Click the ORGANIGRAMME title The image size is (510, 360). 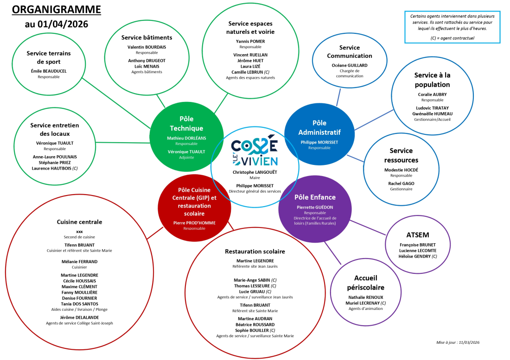[56, 9]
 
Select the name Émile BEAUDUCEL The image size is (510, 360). [49, 71]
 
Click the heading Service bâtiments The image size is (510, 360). [147, 37]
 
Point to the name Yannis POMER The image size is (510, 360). [250, 41]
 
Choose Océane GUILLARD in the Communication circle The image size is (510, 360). [350, 65]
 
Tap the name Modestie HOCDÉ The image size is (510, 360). [401, 170]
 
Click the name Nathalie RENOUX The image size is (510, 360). [366, 297]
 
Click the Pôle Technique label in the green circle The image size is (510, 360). [186, 123]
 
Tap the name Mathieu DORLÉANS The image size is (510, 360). [186, 138]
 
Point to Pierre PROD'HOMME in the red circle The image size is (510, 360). [194, 222]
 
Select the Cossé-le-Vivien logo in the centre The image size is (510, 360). [255, 152]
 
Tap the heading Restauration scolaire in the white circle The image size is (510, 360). [255, 251]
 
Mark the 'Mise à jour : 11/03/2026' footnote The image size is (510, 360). [457, 342]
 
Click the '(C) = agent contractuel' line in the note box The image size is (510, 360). [452, 38]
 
